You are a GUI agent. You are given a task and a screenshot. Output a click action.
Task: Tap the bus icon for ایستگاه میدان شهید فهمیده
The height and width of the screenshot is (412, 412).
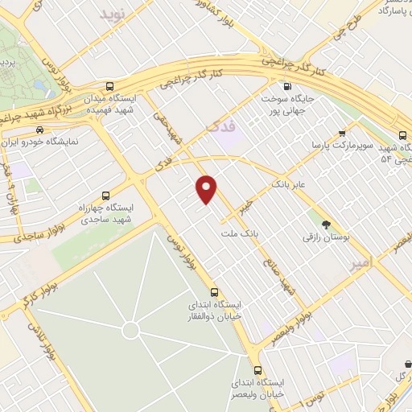(109, 86)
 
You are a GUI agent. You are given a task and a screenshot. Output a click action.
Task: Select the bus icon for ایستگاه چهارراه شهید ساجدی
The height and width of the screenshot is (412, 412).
(106, 196)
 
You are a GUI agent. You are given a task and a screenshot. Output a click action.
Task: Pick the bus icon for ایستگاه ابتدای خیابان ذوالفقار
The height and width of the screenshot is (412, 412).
(213, 292)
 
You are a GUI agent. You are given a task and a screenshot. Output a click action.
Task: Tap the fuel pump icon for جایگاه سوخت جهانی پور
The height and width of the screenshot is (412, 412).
(286, 86)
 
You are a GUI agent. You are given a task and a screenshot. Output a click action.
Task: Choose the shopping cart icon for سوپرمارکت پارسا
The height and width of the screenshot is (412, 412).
(343, 134)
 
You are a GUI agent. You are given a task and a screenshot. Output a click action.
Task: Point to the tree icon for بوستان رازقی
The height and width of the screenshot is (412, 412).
(326, 225)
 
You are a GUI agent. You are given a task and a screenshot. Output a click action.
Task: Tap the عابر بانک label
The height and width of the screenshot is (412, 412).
(289, 184)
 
